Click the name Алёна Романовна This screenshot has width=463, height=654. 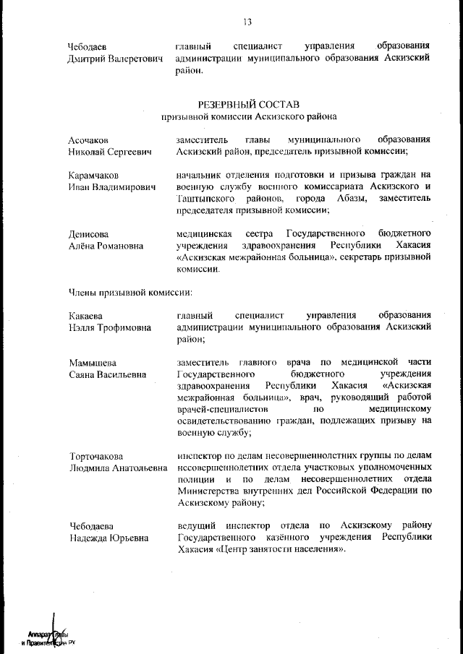click(x=106, y=246)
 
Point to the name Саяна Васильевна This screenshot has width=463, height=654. click(x=107, y=374)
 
